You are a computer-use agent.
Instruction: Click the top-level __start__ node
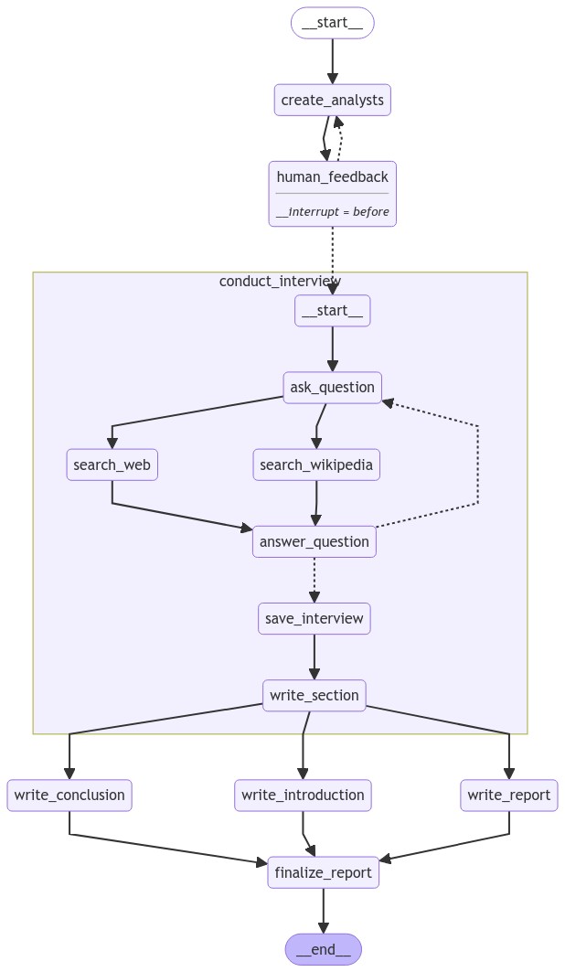coord(332,23)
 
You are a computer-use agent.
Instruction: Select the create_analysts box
coord(332,100)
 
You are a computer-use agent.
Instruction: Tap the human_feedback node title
coord(332,176)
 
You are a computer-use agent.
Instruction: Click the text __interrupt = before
coord(332,211)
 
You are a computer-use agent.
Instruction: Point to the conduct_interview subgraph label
coord(280,281)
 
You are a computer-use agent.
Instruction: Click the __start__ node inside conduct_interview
coord(332,311)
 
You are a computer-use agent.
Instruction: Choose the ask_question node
coord(332,387)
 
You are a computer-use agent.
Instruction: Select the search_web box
coord(112,465)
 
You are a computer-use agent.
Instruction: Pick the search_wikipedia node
coord(316,465)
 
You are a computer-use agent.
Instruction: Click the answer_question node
coord(314,541)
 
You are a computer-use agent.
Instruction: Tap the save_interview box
coord(314,618)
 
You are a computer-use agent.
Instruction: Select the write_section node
coord(314,695)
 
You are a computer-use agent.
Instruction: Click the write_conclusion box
coord(69,795)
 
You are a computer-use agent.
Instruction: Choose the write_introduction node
coord(303,795)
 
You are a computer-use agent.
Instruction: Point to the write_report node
coord(509,795)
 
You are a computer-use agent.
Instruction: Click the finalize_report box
coord(323,872)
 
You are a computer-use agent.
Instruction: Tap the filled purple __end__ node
coord(323,949)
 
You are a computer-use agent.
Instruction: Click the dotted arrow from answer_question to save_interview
coord(314,580)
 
